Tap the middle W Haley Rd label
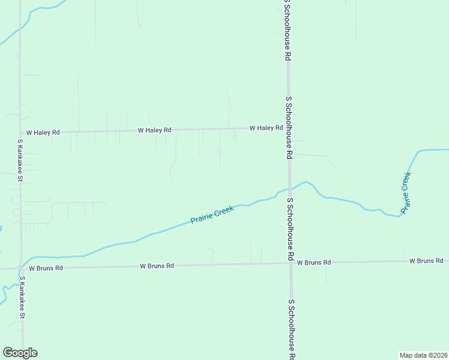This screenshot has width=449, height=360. pos(154,130)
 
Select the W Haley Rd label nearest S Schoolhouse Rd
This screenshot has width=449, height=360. pos(266,128)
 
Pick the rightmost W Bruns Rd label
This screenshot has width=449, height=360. pos(426,261)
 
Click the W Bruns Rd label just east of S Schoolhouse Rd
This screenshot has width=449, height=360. pos(313,263)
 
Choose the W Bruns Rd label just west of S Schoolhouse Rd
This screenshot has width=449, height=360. pos(157,265)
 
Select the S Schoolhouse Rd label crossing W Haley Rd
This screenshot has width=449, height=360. pos(289,127)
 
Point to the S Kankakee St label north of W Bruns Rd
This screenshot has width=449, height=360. pos(20,160)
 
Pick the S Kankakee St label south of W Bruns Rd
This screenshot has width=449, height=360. pos(22,297)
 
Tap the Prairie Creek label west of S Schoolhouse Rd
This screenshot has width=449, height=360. pos(212,215)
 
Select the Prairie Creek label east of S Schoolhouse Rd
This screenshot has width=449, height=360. pos(406,193)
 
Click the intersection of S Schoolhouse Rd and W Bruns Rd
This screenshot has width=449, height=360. pos(291,263)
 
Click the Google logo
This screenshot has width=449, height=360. pos(20,353)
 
